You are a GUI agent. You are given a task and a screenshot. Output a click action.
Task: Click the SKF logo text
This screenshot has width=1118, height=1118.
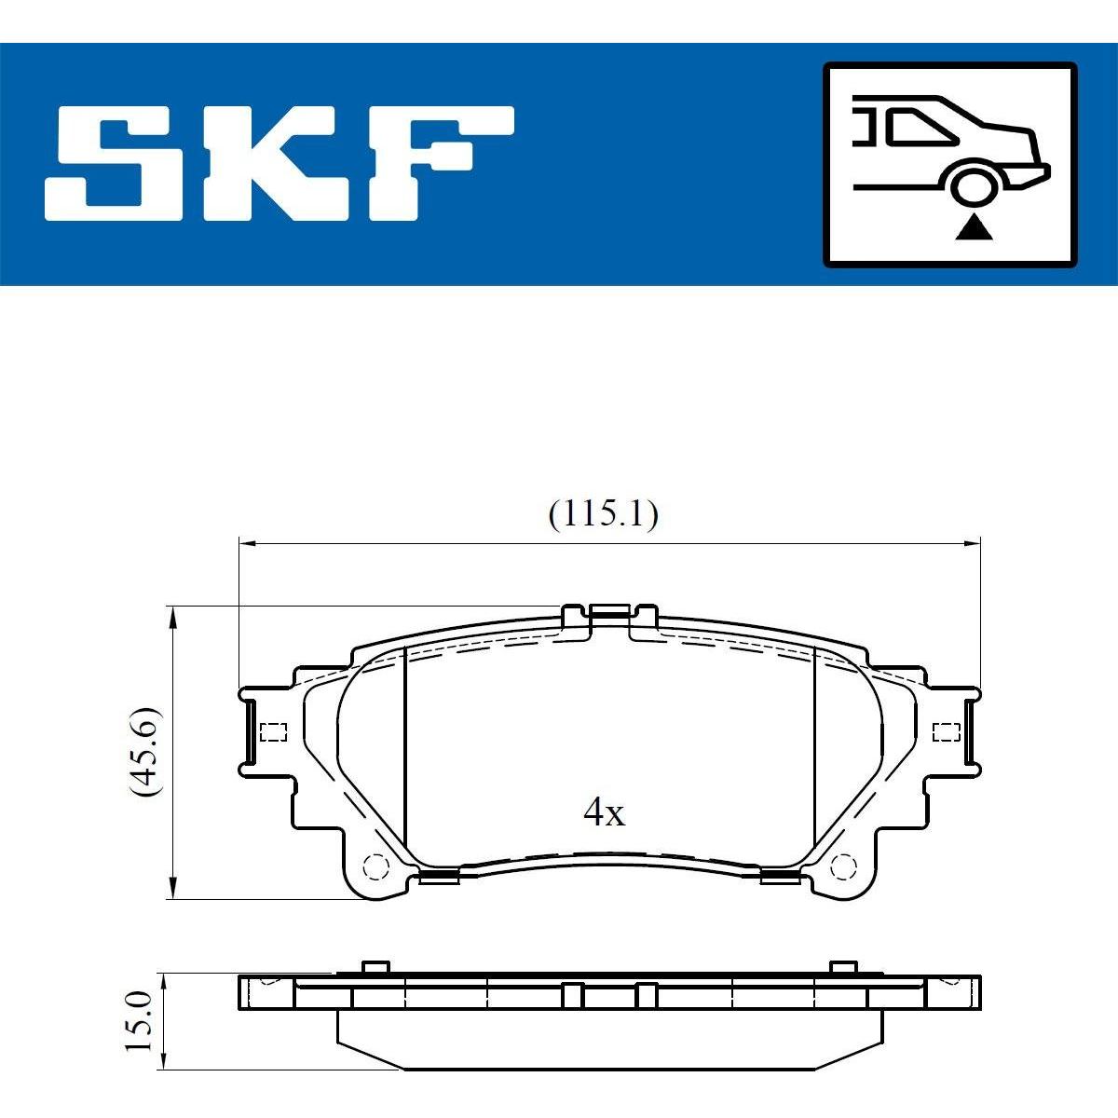pyautogui.click(x=279, y=162)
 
